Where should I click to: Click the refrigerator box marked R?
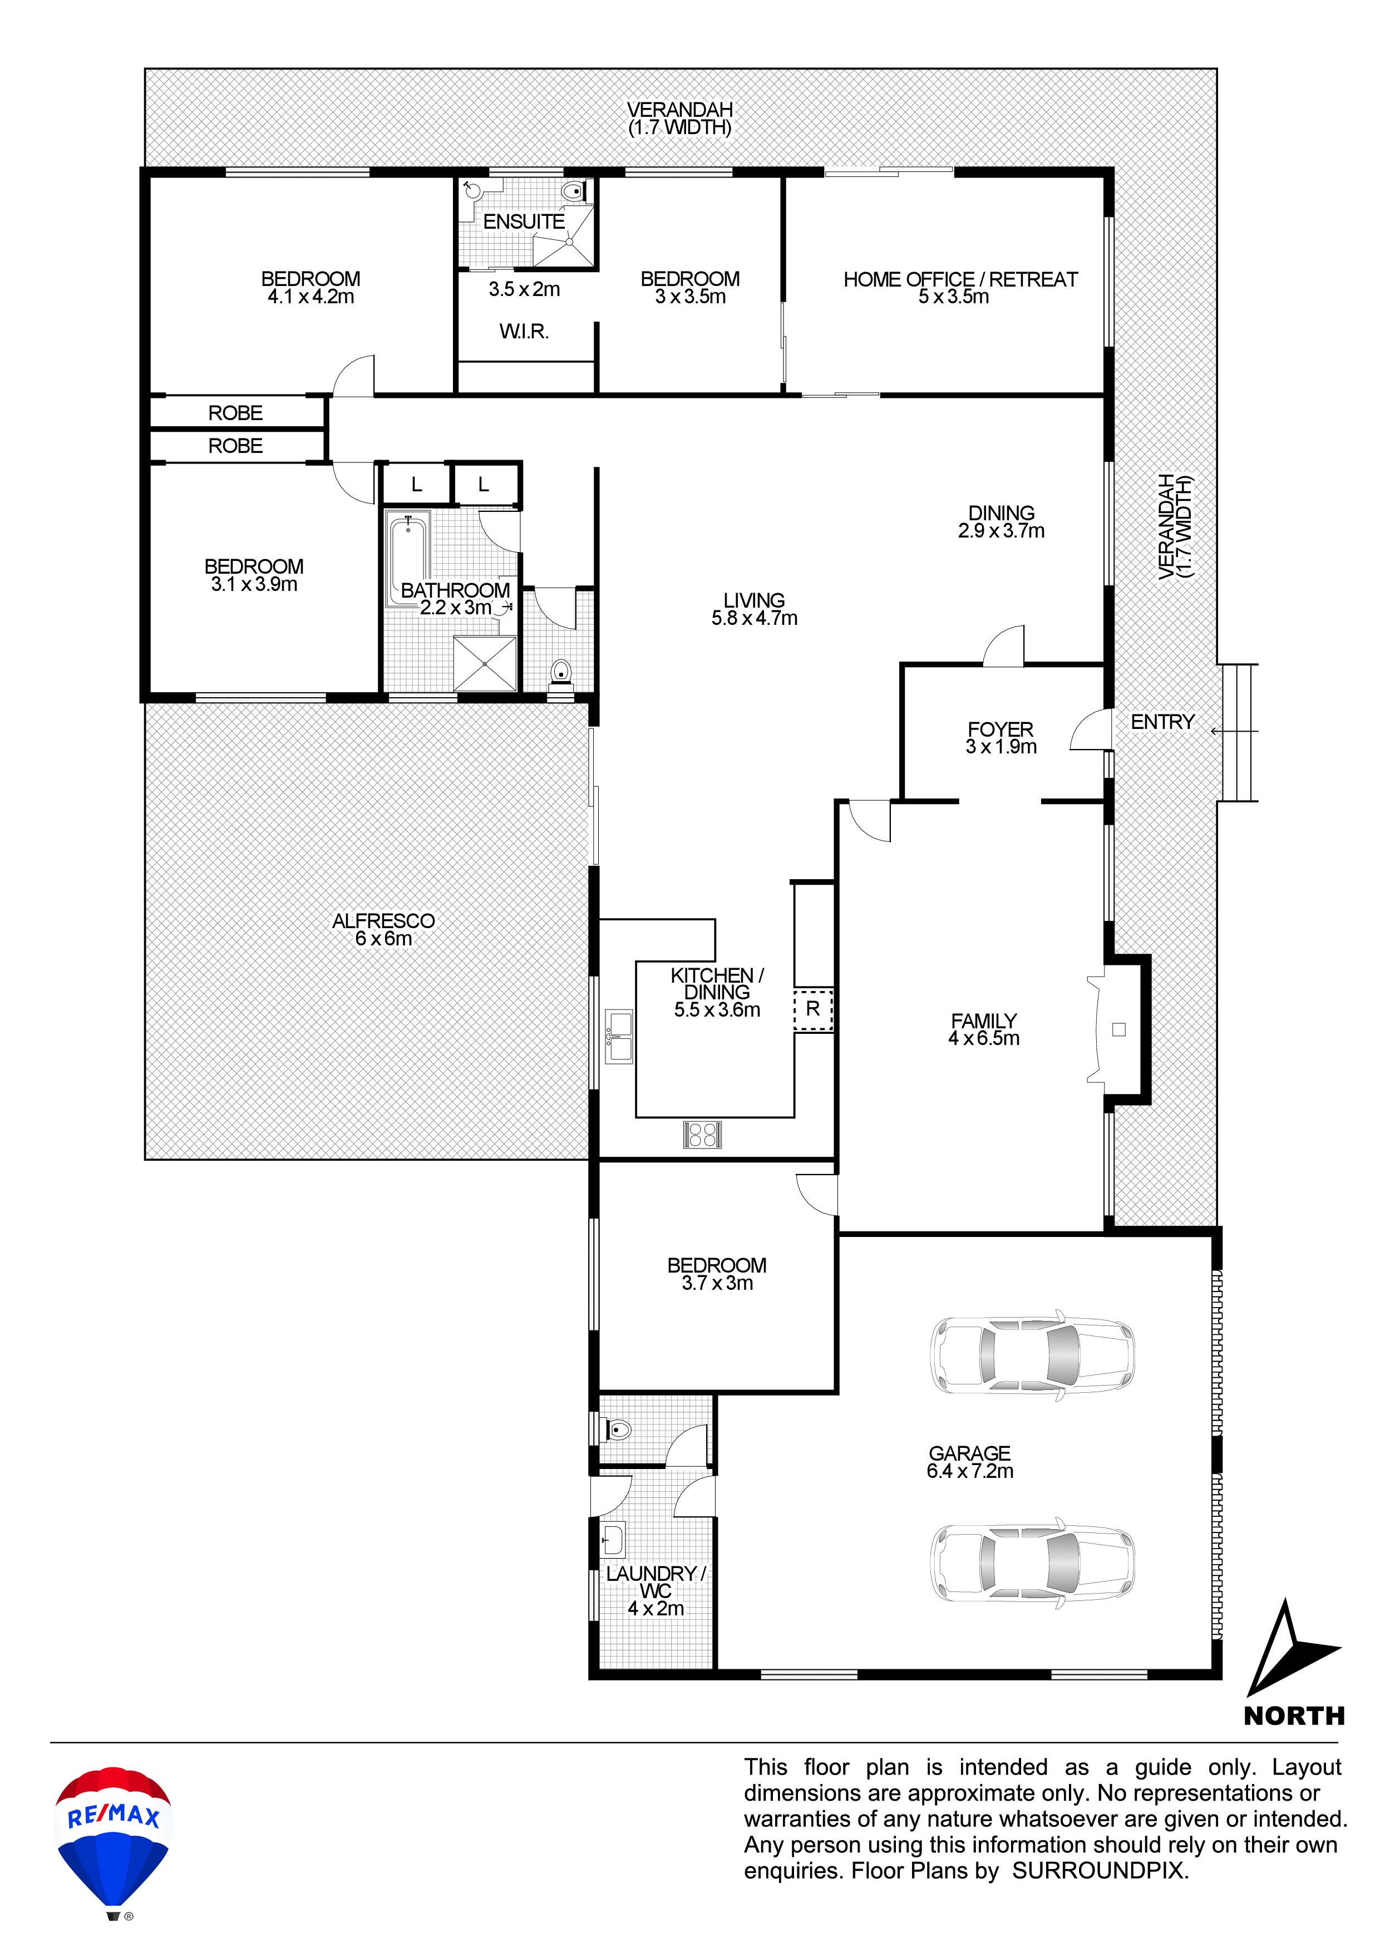pos(813,1009)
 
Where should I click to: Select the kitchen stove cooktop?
pos(702,1134)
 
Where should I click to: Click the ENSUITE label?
pos(524,222)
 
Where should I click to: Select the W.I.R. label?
pos(524,332)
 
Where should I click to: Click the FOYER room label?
pos(1000,729)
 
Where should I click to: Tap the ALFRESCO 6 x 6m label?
pos(383,929)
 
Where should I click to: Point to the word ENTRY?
pos(1162,722)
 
